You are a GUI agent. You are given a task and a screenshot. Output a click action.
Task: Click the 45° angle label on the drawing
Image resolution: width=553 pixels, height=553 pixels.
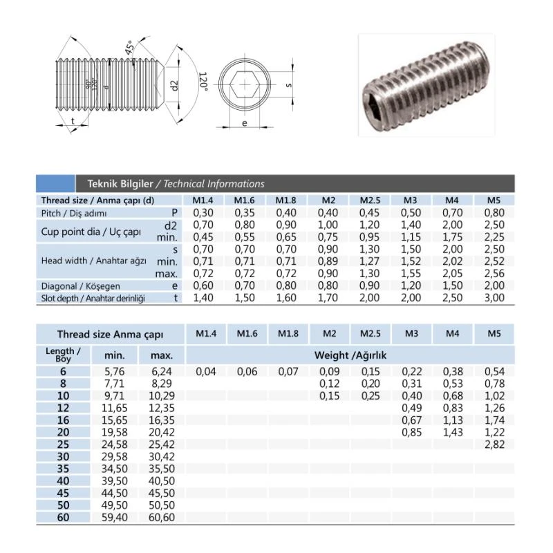(x=130, y=47)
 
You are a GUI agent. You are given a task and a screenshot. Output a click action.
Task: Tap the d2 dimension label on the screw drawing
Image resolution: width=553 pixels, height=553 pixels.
(x=175, y=85)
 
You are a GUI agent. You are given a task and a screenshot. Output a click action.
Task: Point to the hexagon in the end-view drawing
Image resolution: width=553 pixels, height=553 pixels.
(x=245, y=85)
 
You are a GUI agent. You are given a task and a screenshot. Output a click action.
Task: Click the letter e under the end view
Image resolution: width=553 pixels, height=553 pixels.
(x=245, y=123)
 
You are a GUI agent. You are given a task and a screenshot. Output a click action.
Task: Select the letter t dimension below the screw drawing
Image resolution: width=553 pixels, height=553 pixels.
(x=73, y=121)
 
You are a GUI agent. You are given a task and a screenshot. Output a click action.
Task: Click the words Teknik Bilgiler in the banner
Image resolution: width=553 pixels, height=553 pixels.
(x=120, y=184)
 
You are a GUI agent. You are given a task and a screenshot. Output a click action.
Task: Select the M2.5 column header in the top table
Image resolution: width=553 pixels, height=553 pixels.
(x=370, y=200)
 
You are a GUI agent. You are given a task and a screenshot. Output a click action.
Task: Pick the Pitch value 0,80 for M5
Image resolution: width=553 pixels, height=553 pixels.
(x=494, y=213)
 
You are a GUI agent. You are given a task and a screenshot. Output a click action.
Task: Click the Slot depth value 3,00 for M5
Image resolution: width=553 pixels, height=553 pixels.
(x=494, y=298)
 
